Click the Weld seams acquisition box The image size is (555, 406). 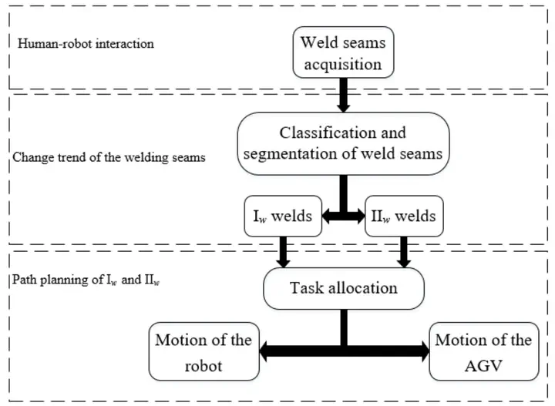tap(343, 52)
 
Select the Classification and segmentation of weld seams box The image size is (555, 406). tap(343, 143)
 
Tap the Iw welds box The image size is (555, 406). tap(283, 216)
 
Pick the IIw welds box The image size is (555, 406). tap(404, 216)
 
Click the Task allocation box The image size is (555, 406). tap(344, 289)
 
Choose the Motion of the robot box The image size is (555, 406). tap(203, 351)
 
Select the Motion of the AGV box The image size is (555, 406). tap(484, 351)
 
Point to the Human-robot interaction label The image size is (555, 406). tap(86, 44)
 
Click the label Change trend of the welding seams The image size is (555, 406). tap(109, 157)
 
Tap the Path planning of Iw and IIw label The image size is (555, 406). tap(86, 280)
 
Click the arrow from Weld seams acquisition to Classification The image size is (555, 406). tap(343, 95)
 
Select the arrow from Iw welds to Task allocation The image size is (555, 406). tap(283, 252)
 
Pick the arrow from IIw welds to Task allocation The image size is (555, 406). tap(404, 252)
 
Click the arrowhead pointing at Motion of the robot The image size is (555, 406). tap(264, 351)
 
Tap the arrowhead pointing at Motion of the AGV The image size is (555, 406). tap(425, 351)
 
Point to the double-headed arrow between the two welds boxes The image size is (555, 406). tap(343, 216)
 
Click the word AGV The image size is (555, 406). tap(483, 366)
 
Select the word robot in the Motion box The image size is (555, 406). tap(203, 366)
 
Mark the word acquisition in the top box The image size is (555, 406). tap(343, 65)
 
